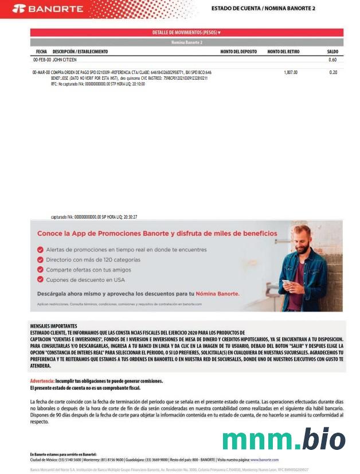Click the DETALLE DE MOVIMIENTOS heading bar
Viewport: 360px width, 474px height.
[186, 33]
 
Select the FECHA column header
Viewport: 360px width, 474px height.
[41, 52]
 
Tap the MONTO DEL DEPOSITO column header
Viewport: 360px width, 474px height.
[238, 52]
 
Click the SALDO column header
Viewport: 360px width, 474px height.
[332, 52]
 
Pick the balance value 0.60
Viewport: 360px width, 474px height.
[332, 60]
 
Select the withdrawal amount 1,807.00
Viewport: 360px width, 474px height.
[291, 73]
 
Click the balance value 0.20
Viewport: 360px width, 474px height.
[333, 73]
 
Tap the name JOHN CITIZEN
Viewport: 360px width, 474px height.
[65, 60]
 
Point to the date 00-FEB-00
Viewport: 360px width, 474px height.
[42, 60]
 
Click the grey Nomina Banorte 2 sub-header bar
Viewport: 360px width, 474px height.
[186, 42]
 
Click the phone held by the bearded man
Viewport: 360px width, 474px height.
[287, 283]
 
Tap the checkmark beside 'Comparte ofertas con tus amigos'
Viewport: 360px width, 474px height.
[40, 270]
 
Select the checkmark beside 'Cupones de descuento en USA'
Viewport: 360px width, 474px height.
[40, 279]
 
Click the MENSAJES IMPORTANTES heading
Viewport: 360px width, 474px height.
[53, 325]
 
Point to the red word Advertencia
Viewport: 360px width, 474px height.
[42, 381]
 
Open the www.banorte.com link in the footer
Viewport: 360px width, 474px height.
[264, 460]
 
